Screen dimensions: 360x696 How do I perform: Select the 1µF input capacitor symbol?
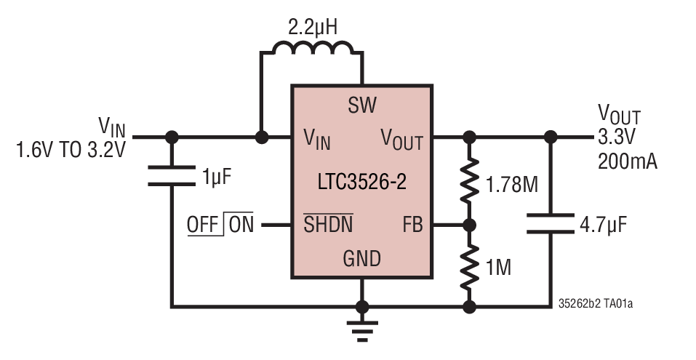click(x=172, y=176)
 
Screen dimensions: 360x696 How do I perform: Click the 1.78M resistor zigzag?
click(x=470, y=182)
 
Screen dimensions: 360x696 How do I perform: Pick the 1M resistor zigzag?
click(x=470, y=266)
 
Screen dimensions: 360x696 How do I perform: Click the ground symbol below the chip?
click(x=361, y=329)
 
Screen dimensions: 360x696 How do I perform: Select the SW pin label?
click(x=361, y=106)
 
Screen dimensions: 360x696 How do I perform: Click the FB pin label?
click(x=412, y=225)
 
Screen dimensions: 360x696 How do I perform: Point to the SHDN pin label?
click(x=327, y=225)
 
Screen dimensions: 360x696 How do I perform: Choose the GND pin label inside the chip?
click(x=361, y=258)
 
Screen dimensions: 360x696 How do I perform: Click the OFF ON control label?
click(x=220, y=225)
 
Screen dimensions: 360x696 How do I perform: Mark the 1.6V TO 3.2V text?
click(x=71, y=151)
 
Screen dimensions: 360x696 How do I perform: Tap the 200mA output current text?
click(x=627, y=161)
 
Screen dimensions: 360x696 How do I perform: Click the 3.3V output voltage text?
click(x=617, y=137)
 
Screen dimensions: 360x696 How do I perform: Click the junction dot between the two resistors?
click(x=470, y=225)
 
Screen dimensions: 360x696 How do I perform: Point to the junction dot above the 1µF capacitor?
click(x=172, y=136)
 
